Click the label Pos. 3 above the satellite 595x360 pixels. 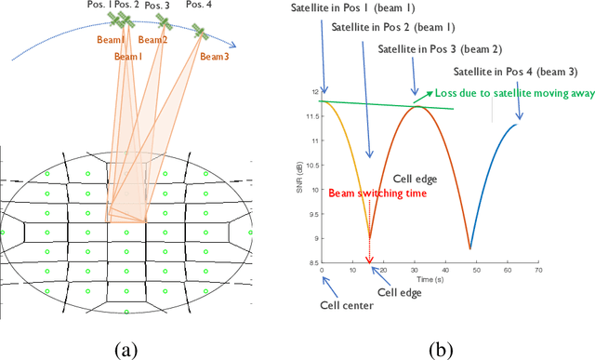158,6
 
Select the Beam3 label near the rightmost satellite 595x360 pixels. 214,57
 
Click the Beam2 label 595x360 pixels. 153,40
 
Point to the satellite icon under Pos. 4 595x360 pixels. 198,33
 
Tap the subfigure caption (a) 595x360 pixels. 128,349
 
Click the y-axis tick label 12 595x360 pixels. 314,92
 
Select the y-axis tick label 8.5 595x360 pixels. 312,264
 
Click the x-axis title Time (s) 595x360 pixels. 430,278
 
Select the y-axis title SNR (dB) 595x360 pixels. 302,178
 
